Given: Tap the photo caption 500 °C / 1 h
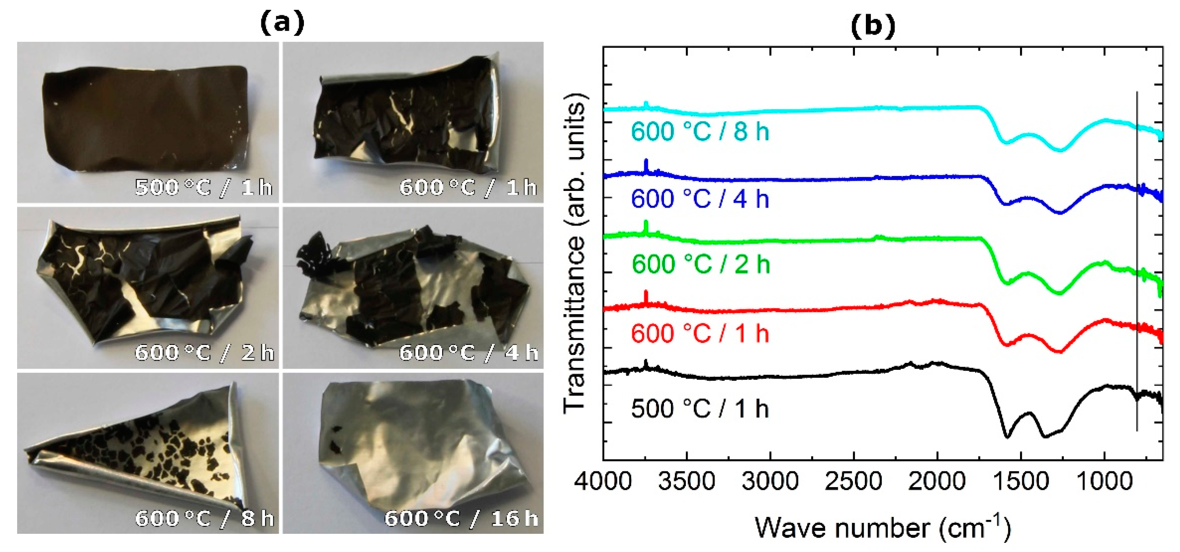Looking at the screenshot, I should tap(203, 187).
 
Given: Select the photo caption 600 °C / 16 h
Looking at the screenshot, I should tap(461, 518).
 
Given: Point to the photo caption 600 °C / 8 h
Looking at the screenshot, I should tap(204, 518).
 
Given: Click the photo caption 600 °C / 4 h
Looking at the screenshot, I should tap(468, 352).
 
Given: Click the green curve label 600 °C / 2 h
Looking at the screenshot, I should tap(701, 264).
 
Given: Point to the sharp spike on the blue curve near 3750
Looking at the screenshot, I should tap(646, 164).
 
